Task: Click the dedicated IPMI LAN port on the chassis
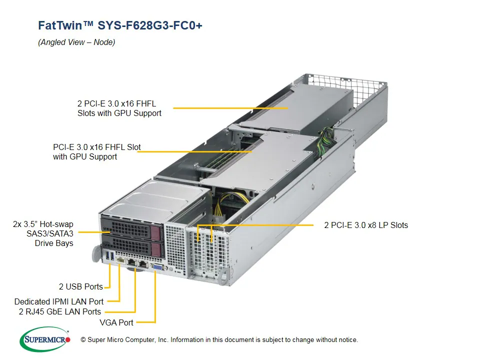tap(120, 260)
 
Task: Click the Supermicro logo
tap(45, 339)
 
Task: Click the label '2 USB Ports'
tap(80, 287)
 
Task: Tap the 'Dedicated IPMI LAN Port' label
tap(59, 301)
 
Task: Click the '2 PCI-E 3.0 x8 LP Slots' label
tap(366, 225)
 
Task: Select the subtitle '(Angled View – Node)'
tap(76, 42)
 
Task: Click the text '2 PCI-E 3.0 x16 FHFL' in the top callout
tap(116, 103)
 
